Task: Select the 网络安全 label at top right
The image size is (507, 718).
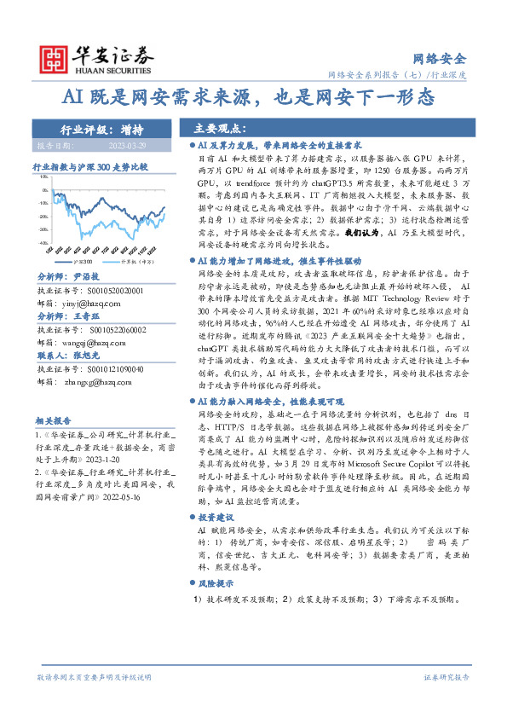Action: click(x=439, y=59)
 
